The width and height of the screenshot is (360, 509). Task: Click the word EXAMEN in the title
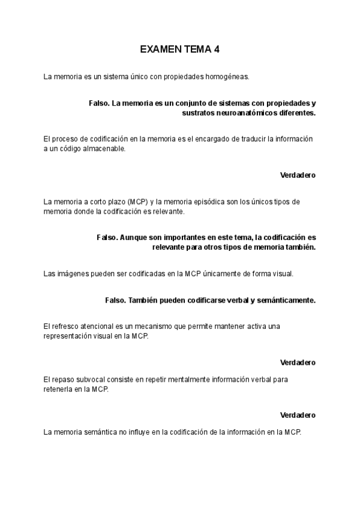(x=158, y=50)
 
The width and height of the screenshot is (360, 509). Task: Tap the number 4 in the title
(x=216, y=50)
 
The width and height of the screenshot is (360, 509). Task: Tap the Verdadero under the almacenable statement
(x=298, y=175)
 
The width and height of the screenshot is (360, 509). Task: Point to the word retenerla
(x=59, y=389)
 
